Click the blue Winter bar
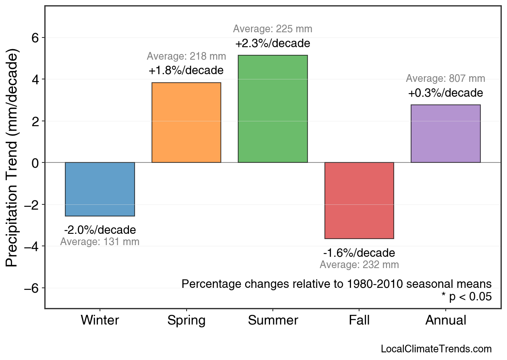coord(100,189)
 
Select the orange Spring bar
coord(186,123)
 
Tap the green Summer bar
coord(273,109)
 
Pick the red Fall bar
coord(359,200)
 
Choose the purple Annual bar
coord(445,133)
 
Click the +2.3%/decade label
coord(273,43)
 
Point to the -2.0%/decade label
coord(100,230)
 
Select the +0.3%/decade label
coord(445,93)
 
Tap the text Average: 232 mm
coord(359,265)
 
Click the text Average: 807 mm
coord(445,79)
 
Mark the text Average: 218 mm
coord(186,56)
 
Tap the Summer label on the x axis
coord(273,320)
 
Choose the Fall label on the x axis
coord(359,320)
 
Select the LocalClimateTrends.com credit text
coord(436,349)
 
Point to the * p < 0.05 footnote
coord(466,297)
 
